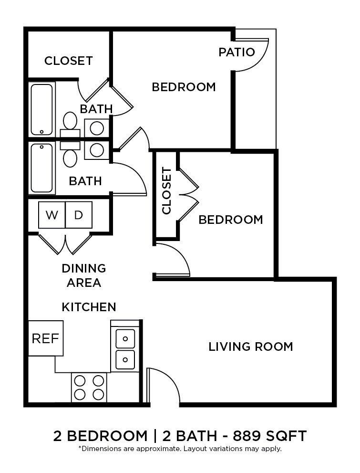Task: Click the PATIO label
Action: (237, 52)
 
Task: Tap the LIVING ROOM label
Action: (250, 347)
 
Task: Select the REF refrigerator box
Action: (45, 338)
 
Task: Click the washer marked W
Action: (51, 215)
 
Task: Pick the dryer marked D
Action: (79, 215)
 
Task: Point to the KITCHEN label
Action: (89, 307)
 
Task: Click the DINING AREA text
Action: (83, 275)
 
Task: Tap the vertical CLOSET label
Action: (166, 191)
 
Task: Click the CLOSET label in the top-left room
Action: (68, 61)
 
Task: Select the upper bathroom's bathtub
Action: (42, 109)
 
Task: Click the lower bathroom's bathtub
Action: (42, 168)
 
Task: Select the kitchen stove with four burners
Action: (89, 387)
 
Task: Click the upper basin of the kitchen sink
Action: (125, 338)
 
